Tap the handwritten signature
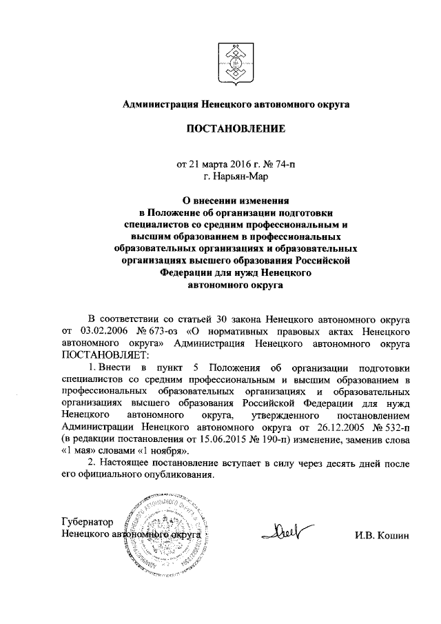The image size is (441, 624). (282, 532)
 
